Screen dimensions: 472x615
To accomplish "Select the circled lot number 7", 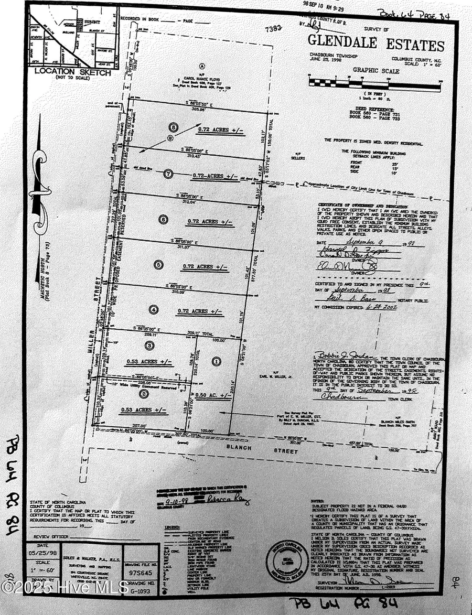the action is pos(168,174).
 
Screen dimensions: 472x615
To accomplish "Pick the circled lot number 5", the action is pos(159,265).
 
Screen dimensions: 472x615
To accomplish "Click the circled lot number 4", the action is pos(154,309).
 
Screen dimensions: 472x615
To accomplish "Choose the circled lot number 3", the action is pos(150,345).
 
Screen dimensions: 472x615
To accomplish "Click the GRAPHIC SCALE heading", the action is pos(376,71).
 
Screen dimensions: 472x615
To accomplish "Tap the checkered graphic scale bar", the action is pos(375,82).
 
